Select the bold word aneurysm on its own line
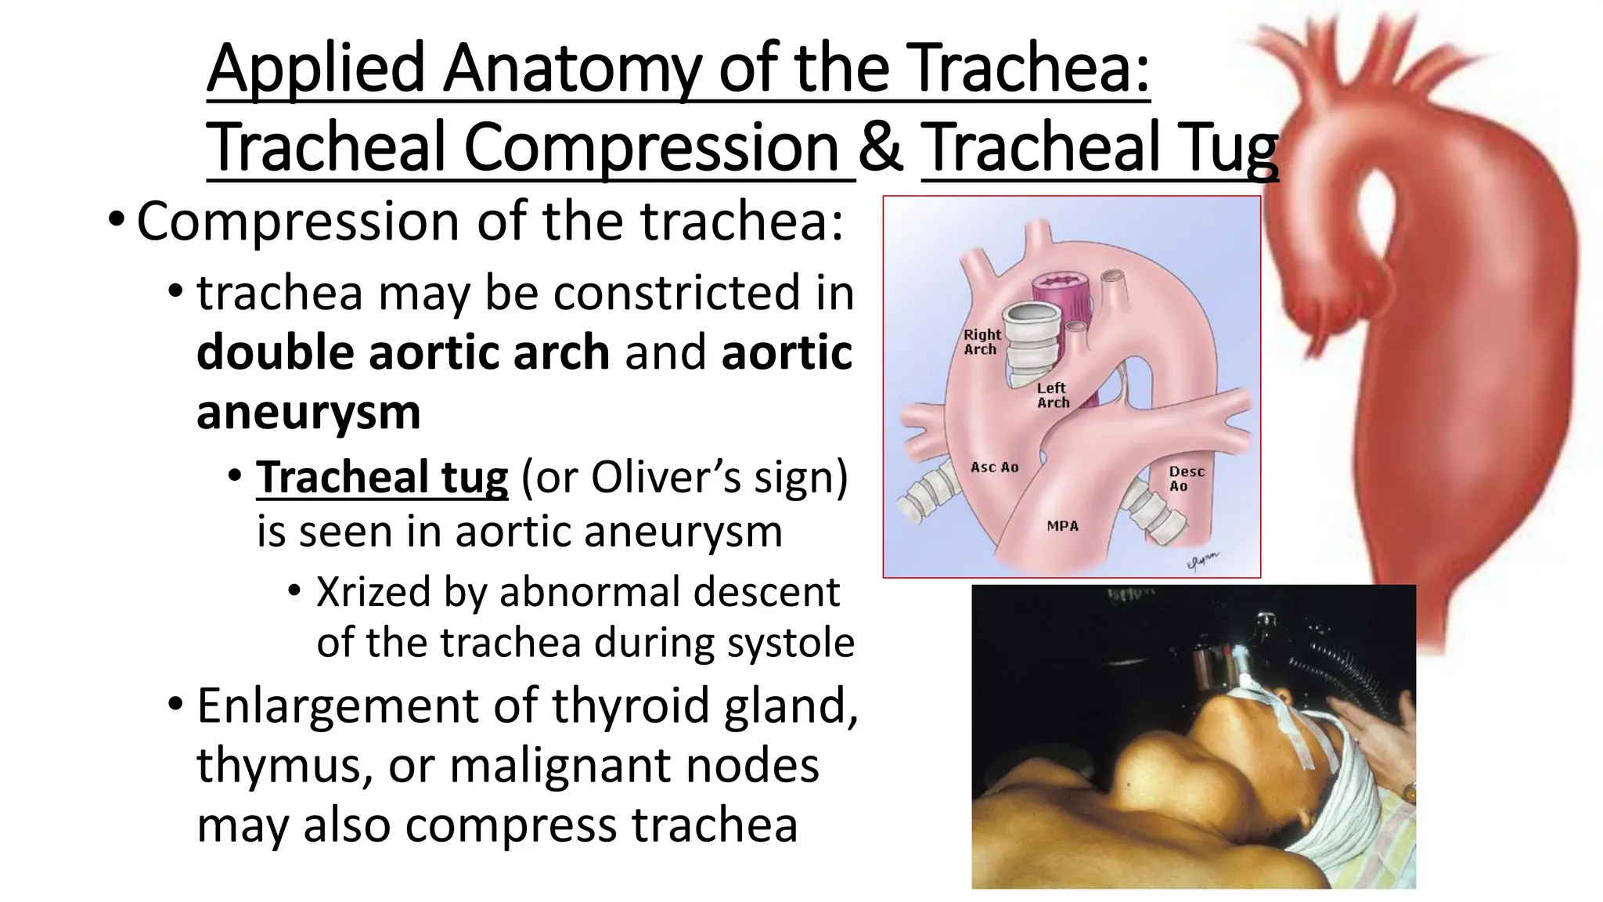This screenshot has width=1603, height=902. point(308,413)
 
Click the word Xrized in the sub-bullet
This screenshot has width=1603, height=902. point(373,592)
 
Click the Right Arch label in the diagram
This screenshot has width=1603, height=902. point(982,342)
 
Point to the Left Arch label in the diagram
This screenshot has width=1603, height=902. point(1053,395)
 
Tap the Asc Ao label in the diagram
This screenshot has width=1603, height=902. point(994,467)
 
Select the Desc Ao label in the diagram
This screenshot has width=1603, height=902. point(1185,478)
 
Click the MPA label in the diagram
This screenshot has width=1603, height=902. point(1062,526)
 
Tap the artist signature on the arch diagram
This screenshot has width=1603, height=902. point(1202,561)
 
